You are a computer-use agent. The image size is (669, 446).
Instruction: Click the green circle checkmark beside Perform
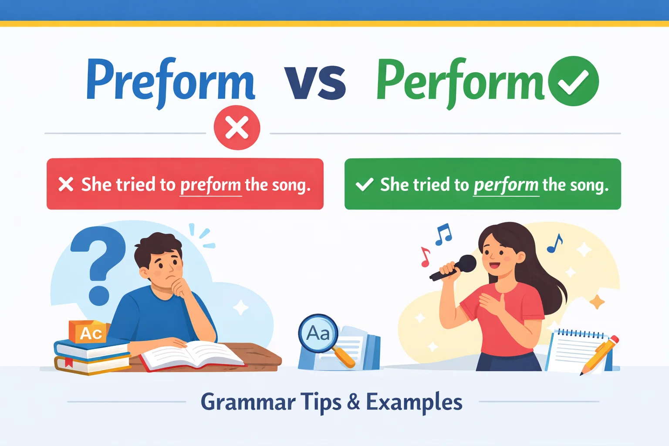click(x=573, y=81)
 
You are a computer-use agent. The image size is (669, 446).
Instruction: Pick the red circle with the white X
click(x=237, y=128)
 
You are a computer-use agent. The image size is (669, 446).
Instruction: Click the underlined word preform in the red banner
click(x=210, y=185)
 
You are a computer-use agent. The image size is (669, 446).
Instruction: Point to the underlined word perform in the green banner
click(x=506, y=185)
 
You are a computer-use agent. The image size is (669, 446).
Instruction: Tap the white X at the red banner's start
click(x=66, y=184)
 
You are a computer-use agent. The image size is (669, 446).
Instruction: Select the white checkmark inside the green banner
click(x=364, y=185)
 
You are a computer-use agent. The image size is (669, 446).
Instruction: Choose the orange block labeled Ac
click(x=89, y=333)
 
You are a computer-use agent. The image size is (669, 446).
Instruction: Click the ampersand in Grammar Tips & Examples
click(x=354, y=401)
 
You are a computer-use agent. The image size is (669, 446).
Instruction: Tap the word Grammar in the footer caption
click(x=248, y=402)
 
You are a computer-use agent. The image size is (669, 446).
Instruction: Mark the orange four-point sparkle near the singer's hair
click(x=597, y=301)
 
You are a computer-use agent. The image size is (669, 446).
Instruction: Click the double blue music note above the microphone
click(x=443, y=234)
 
